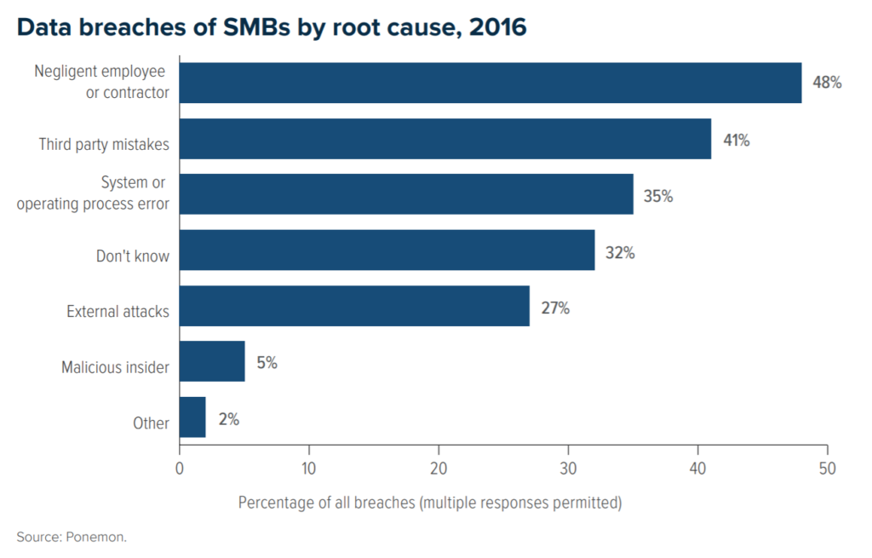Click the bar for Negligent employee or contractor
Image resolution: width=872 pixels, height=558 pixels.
(490, 83)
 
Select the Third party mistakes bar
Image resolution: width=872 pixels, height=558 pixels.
(445, 139)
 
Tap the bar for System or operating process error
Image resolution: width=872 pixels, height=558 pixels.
(406, 194)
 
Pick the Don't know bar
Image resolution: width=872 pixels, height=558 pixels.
(387, 250)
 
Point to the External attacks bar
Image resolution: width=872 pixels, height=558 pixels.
(354, 306)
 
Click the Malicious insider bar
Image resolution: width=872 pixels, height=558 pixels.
(212, 361)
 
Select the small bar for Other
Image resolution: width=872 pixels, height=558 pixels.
(192, 417)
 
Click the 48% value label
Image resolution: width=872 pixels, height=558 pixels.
(827, 83)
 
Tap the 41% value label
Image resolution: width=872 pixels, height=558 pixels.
(736, 140)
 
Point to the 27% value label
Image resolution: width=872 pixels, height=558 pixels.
(555, 308)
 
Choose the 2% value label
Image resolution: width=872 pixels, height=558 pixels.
(229, 419)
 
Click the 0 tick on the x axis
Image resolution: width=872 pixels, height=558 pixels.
(180, 468)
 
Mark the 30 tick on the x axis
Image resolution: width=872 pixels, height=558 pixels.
(568, 468)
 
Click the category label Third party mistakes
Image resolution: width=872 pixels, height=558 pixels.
(104, 145)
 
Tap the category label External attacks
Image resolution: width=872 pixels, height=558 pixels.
(118, 312)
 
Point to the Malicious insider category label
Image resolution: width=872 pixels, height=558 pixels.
(115, 368)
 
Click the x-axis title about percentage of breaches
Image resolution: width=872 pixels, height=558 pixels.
(430, 502)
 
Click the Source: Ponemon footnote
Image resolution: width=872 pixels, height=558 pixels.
(71, 537)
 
